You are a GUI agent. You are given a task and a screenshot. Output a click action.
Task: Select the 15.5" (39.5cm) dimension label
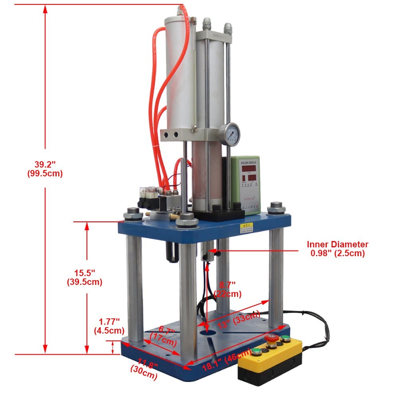click(84, 277)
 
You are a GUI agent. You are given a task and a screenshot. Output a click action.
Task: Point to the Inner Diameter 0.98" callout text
click(337, 249)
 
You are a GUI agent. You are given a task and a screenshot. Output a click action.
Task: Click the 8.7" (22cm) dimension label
click(227, 289)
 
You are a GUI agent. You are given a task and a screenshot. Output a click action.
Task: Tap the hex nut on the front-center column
click(186, 220)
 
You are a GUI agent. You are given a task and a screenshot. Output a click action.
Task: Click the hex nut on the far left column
click(133, 214)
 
